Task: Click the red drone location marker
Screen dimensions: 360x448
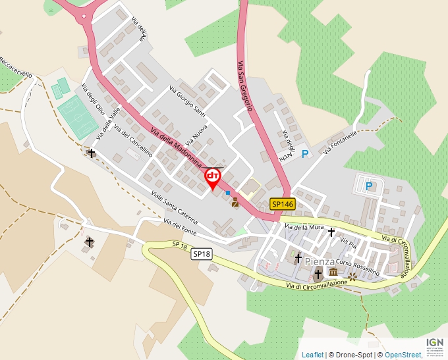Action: (213, 177)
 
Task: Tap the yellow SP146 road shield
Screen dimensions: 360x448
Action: (282, 205)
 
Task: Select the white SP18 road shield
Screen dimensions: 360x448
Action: (202, 253)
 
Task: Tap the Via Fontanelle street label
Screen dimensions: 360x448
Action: (340, 142)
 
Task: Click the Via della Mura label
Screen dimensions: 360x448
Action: (304, 227)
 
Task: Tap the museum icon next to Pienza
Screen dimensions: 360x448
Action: (333, 272)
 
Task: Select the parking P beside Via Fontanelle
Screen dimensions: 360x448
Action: (304, 154)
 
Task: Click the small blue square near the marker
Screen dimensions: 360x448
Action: (228, 193)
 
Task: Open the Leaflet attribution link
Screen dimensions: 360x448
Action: (312, 355)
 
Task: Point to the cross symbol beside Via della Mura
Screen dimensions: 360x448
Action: (331, 232)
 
